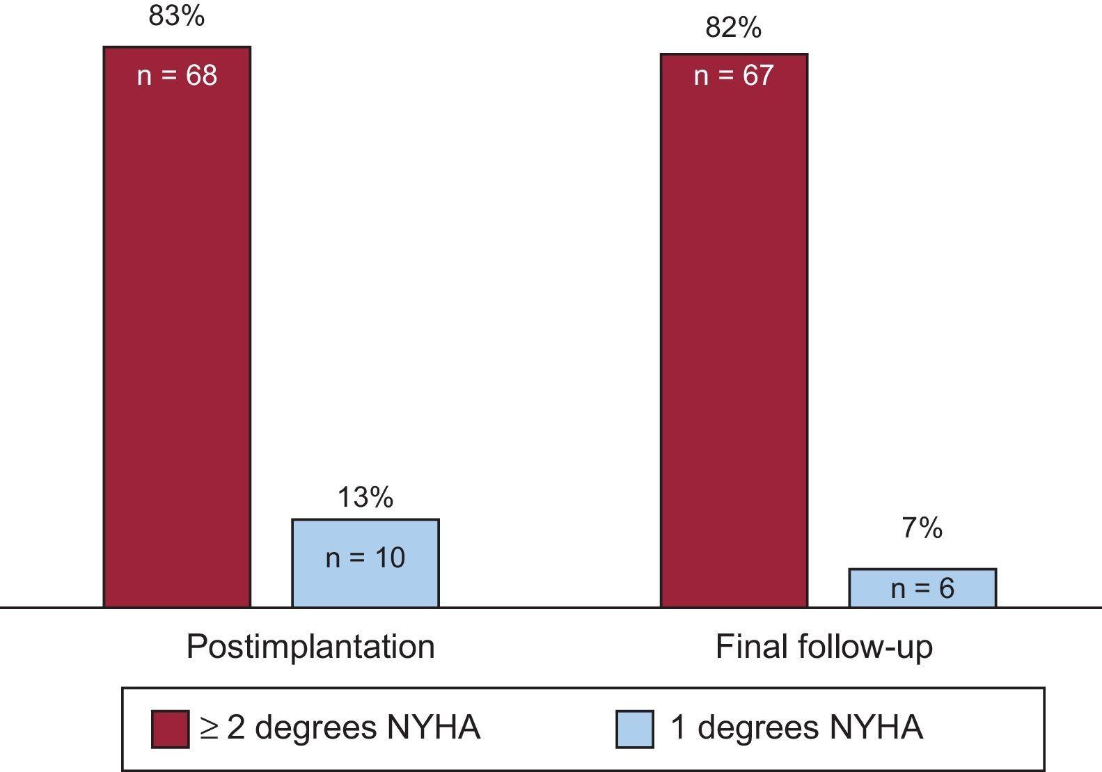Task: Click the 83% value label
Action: pos(177,15)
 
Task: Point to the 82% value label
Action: pos(733,27)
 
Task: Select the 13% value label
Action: pos(365,497)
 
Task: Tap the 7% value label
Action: pos(922,528)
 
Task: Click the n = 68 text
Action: pos(177,75)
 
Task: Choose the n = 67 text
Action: pos(734,75)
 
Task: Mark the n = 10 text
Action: pos(365,558)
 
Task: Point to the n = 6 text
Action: pos(922,589)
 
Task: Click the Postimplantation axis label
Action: pos(310,647)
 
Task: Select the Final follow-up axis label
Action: pos(824,647)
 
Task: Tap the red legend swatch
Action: pos(170,729)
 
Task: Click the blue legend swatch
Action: pos(634,729)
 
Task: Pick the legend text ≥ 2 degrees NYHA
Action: pos(340,727)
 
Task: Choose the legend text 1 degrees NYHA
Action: pos(796,727)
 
